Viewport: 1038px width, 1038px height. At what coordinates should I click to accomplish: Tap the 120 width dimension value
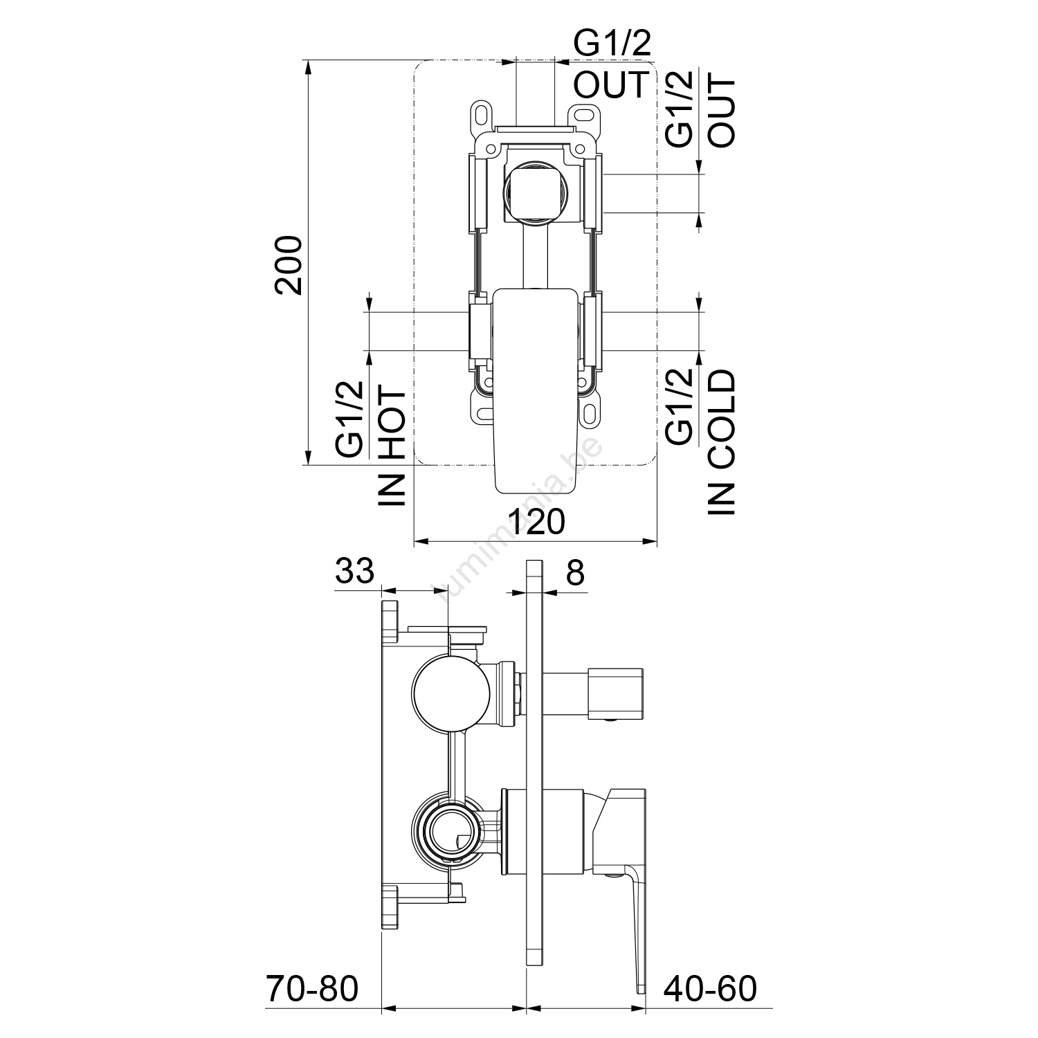[x=536, y=522]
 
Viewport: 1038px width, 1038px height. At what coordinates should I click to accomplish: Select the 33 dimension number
[x=354, y=572]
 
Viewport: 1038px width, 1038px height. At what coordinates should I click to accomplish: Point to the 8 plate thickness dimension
[x=575, y=572]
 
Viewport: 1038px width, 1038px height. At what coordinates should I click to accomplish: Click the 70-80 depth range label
[x=313, y=989]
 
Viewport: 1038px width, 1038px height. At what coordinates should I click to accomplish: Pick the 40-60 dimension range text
[x=711, y=989]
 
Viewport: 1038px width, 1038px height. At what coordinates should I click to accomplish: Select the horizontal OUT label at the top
[x=611, y=84]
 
